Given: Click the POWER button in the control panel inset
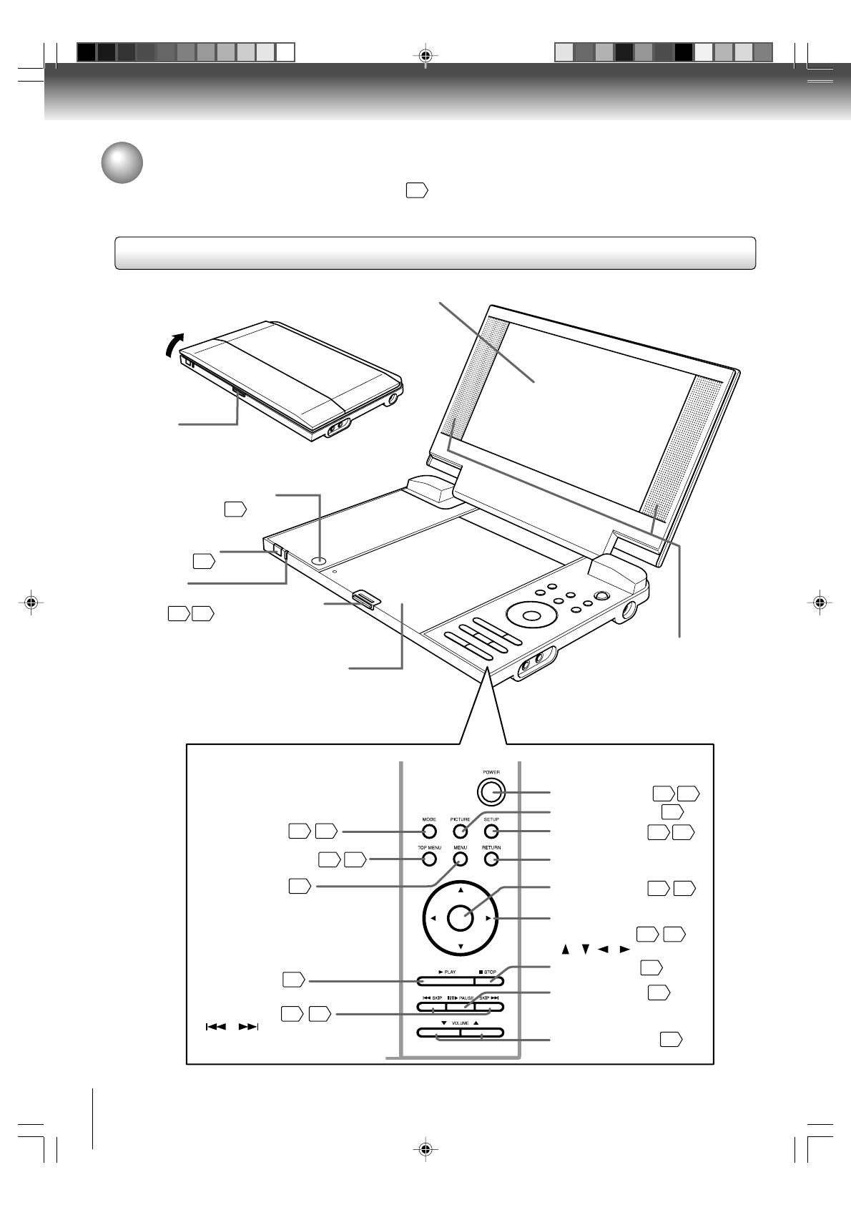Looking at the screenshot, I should coord(490,791).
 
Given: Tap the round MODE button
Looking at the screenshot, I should coord(429,831).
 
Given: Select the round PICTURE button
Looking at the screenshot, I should coord(461,831).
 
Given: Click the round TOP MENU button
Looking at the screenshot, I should coord(429,859).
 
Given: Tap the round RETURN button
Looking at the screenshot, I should coord(491,859).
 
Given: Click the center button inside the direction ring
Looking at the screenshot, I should coord(461,918).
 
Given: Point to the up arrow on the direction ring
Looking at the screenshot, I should coord(461,890).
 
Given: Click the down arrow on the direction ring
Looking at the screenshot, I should coord(461,947).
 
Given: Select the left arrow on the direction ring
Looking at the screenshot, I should coord(433,919).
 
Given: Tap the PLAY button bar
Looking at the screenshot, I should coord(446,981).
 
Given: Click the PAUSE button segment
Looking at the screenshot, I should coord(461,1007).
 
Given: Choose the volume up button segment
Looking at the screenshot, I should coord(482,1033).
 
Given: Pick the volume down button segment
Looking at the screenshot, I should coord(438,1033).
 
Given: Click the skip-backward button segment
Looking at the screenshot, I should coord(432,1007).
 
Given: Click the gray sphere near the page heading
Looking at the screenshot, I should coord(122,163).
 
